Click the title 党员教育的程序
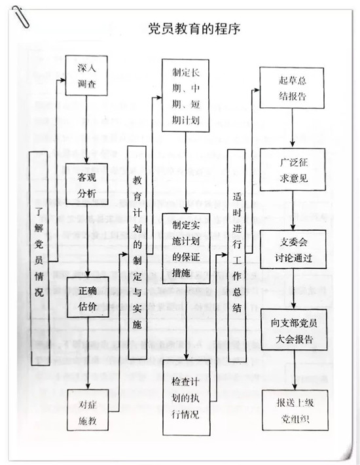click(x=194, y=29)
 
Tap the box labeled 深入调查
click(x=86, y=76)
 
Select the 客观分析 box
click(x=86, y=184)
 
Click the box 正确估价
click(x=88, y=298)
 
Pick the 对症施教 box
click(x=88, y=410)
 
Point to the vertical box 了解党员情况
click(x=39, y=258)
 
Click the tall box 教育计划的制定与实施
click(x=137, y=252)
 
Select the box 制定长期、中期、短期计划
click(x=185, y=95)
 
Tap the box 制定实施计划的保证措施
click(x=186, y=249)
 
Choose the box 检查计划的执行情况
click(x=187, y=398)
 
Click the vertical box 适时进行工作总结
click(x=237, y=256)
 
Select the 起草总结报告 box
click(x=292, y=88)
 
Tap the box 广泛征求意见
click(x=293, y=169)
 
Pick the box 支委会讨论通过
click(x=293, y=249)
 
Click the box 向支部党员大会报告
click(x=294, y=330)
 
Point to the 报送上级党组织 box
click(x=295, y=410)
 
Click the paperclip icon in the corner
click(x=21, y=17)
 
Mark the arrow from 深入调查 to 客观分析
click(x=86, y=129)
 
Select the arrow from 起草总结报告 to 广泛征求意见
click(x=293, y=128)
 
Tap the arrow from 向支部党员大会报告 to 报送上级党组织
click(x=295, y=370)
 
